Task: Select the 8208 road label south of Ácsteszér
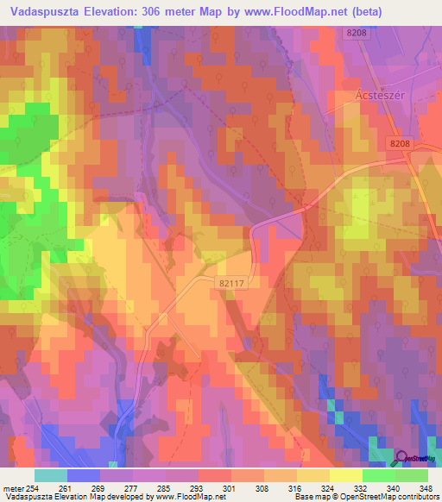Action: pyautogui.click(x=401, y=147)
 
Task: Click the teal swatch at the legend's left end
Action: pyautogui.click(x=51, y=474)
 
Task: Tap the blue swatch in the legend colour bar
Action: pyautogui.click(x=84, y=474)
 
